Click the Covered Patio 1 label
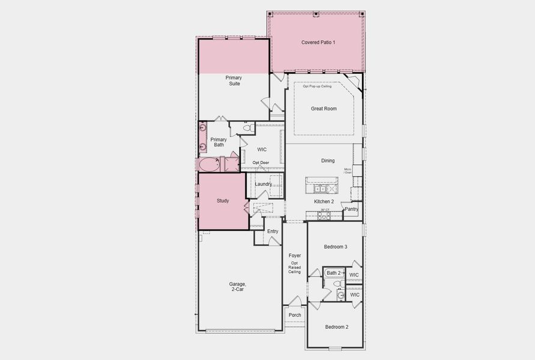(x=318, y=42)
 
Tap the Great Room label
(x=323, y=109)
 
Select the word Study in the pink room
(x=223, y=200)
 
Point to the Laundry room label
(x=264, y=184)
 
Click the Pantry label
(x=351, y=209)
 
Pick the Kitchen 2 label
(x=324, y=202)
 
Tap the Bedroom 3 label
(x=336, y=247)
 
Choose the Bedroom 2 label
(x=336, y=326)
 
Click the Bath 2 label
(x=333, y=273)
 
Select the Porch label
(x=295, y=315)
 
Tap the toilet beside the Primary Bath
(x=246, y=128)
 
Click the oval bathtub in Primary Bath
(x=209, y=165)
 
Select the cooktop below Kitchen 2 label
(x=324, y=216)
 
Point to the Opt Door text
(x=260, y=163)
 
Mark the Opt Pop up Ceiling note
(x=316, y=86)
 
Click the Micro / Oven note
(x=348, y=171)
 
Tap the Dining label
(x=328, y=160)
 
